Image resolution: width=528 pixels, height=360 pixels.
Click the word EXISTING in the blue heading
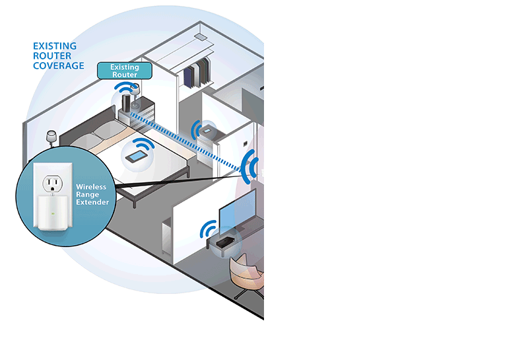[x=55, y=46]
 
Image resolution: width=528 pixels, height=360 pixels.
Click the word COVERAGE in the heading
[x=59, y=66]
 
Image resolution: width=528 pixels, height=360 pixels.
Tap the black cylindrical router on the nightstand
[x=125, y=103]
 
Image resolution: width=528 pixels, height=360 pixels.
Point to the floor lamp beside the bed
[x=50, y=137]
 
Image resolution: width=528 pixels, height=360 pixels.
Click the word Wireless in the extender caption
[x=91, y=187]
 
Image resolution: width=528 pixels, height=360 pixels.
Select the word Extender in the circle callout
[x=93, y=201]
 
